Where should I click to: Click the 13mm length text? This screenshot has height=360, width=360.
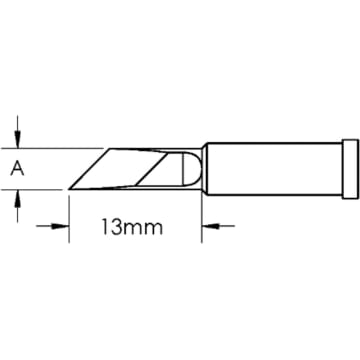[135, 228]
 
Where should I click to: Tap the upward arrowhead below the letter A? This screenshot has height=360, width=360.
[17, 200]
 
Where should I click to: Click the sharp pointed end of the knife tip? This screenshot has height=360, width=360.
[68, 190]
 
